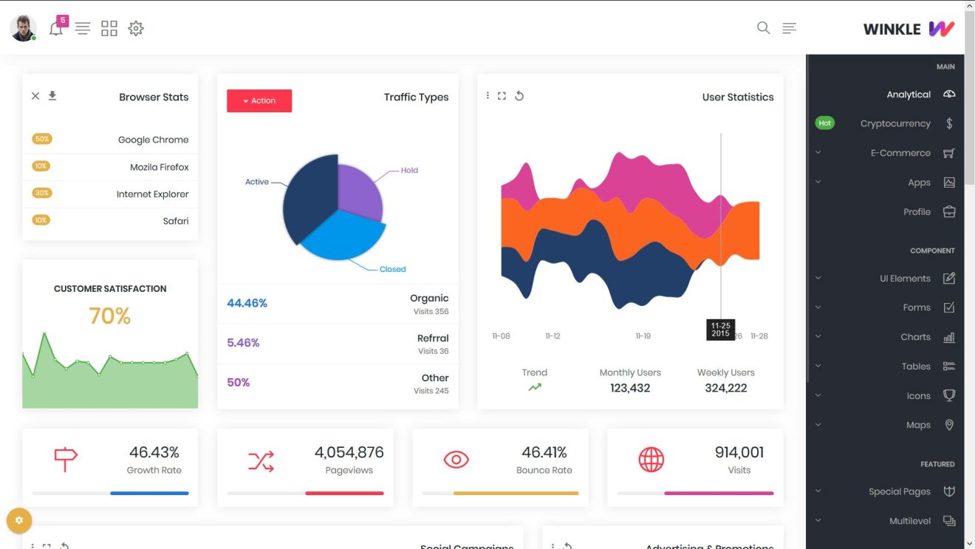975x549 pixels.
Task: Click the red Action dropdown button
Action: tap(259, 100)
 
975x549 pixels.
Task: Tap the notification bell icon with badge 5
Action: tap(56, 29)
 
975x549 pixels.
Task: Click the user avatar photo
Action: tap(23, 28)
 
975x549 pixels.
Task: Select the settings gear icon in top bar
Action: tap(136, 29)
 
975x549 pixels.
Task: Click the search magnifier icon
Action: tap(763, 28)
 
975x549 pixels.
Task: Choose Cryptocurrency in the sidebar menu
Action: tap(894, 123)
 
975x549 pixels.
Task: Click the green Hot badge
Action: tap(824, 123)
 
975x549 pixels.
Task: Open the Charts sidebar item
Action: tap(915, 337)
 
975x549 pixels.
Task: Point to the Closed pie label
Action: tap(392, 269)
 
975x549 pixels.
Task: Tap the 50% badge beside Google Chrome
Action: tap(41, 139)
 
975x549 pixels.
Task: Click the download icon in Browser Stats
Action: tap(52, 95)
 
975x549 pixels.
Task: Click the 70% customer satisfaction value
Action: tap(109, 316)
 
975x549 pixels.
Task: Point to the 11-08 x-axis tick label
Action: tap(501, 336)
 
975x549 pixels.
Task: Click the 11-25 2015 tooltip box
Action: tap(720, 330)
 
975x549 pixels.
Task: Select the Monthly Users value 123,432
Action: tap(630, 388)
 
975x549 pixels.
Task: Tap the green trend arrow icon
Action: tap(535, 387)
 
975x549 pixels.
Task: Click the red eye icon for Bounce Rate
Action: tap(456, 460)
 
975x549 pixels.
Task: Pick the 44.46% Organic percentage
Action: tap(247, 303)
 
